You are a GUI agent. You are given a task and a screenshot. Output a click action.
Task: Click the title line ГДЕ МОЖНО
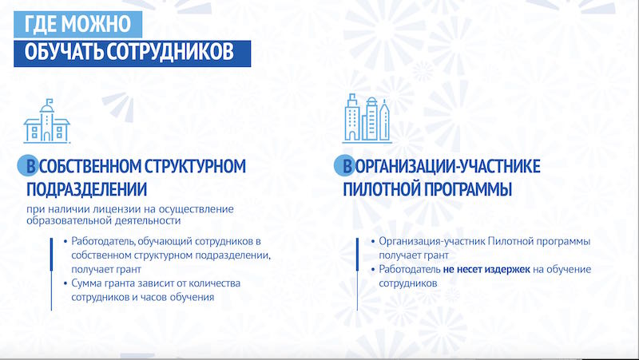(77, 24)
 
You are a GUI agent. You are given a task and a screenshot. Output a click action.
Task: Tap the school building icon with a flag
(46, 121)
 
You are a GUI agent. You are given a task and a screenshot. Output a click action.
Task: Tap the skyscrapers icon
(367, 118)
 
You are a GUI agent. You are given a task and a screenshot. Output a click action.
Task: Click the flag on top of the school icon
(50, 101)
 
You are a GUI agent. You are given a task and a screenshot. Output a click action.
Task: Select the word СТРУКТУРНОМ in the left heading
(196, 166)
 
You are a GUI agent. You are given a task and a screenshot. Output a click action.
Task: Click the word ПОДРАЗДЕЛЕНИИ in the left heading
(87, 189)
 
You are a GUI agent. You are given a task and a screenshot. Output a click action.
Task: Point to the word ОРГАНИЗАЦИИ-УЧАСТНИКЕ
(447, 166)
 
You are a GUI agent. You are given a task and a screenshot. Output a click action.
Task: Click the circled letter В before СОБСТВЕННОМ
(28, 166)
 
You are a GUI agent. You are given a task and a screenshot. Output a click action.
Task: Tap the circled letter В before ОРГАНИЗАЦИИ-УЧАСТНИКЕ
(345, 166)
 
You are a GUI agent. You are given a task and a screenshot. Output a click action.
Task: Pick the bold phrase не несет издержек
(486, 269)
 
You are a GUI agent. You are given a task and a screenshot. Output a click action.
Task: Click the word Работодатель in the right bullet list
(410, 269)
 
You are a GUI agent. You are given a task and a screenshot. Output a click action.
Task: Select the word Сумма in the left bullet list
(85, 283)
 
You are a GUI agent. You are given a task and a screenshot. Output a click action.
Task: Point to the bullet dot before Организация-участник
(372, 242)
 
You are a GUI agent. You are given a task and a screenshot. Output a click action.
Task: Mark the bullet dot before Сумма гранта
(65, 283)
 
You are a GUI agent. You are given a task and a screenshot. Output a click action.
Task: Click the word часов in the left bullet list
(153, 297)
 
